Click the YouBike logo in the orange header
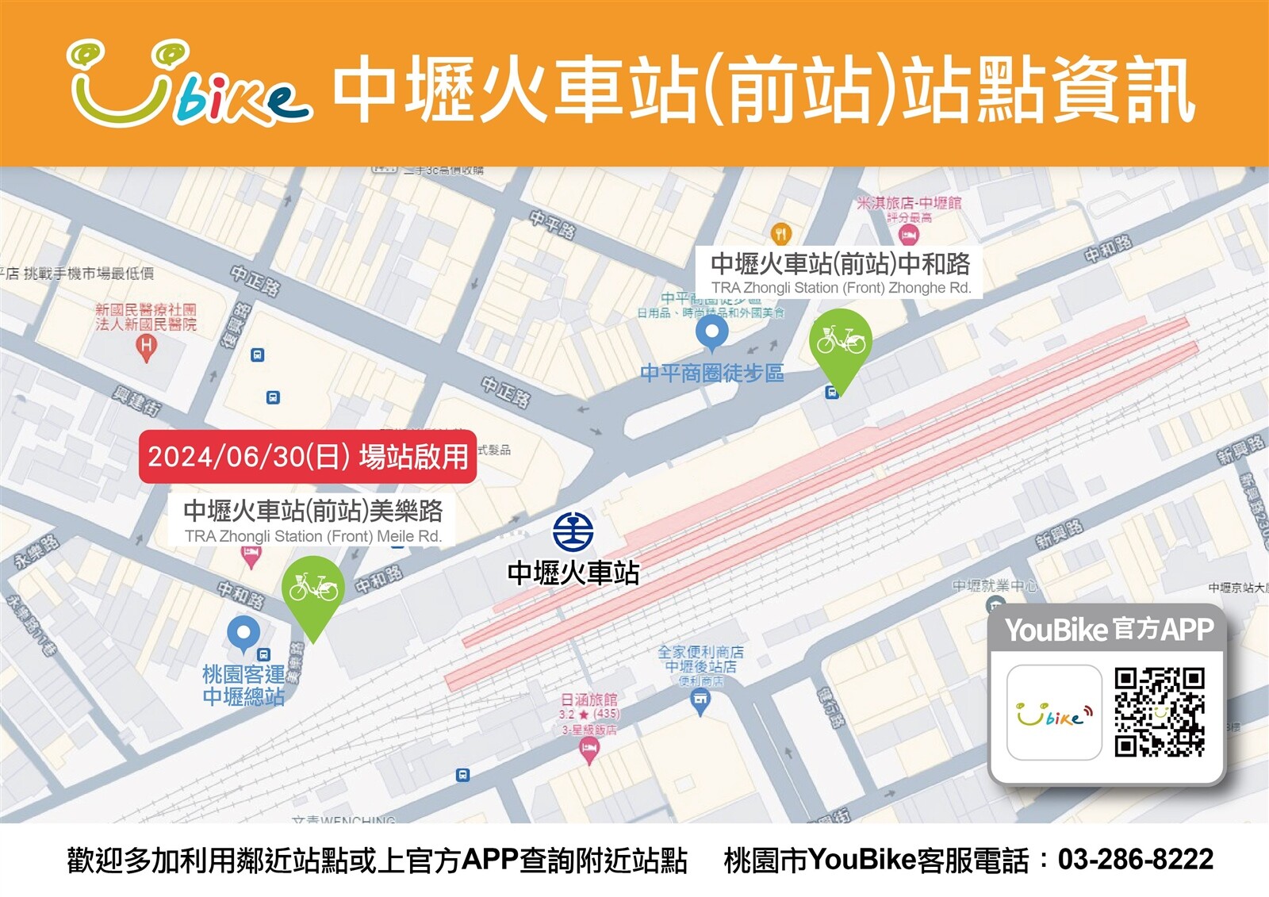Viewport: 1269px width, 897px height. [189, 84]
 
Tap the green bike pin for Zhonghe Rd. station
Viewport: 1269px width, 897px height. [841, 343]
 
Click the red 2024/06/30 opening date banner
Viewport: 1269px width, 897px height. [308, 457]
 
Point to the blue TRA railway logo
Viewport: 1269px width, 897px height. [573, 532]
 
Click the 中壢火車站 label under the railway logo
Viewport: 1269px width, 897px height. [573, 573]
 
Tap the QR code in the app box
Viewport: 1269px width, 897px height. [1159, 711]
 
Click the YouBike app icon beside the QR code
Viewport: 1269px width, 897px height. [1054, 712]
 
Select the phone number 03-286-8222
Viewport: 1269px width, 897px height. [1135, 860]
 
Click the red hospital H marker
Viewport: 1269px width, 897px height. [146, 347]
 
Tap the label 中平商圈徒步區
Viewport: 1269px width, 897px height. [711, 373]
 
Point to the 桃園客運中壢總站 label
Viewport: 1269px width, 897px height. [243, 685]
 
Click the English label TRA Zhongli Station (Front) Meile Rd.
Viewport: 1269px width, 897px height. [312, 536]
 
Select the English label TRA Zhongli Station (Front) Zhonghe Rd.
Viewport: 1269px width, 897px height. [841, 288]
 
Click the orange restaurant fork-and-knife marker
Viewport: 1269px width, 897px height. [781, 233]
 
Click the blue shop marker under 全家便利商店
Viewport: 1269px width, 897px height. [700, 700]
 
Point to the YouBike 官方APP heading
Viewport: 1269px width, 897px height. [1109, 630]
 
